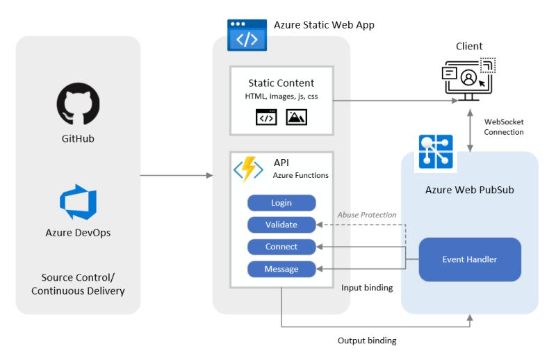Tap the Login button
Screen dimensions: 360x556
pyautogui.click(x=281, y=203)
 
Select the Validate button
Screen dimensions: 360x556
pyautogui.click(x=281, y=224)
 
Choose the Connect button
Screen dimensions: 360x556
pyautogui.click(x=281, y=247)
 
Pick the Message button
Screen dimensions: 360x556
pyautogui.click(x=281, y=269)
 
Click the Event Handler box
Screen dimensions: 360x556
pyautogui.click(x=470, y=259)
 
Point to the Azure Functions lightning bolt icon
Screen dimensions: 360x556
pyautogui.click(x=247, y=169)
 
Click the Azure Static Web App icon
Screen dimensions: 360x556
pyautogui.click(x=247, y=35)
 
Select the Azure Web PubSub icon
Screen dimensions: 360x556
pyautogui.click(x=436, y=152)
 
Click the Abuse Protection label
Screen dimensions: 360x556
pyautogui.click(x=367, y=215)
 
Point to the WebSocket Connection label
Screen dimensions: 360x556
pyautogui.click(x=504, y=126)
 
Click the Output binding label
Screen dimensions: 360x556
pyautogui.click(x=367, y=341)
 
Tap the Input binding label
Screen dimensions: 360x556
pyautogui.click(x=367, y=288)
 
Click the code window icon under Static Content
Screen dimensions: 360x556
pyautogui.click(x=265, y=117)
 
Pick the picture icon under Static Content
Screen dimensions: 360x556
pyautogui.click(x=297, y=117)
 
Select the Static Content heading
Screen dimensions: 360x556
pyautogui.click(x=281, y=83)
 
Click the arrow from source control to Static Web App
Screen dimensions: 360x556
pyautogui.click(x=177, y=175)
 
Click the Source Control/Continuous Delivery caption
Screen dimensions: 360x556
pyautogui.click(x=78, y=284)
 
